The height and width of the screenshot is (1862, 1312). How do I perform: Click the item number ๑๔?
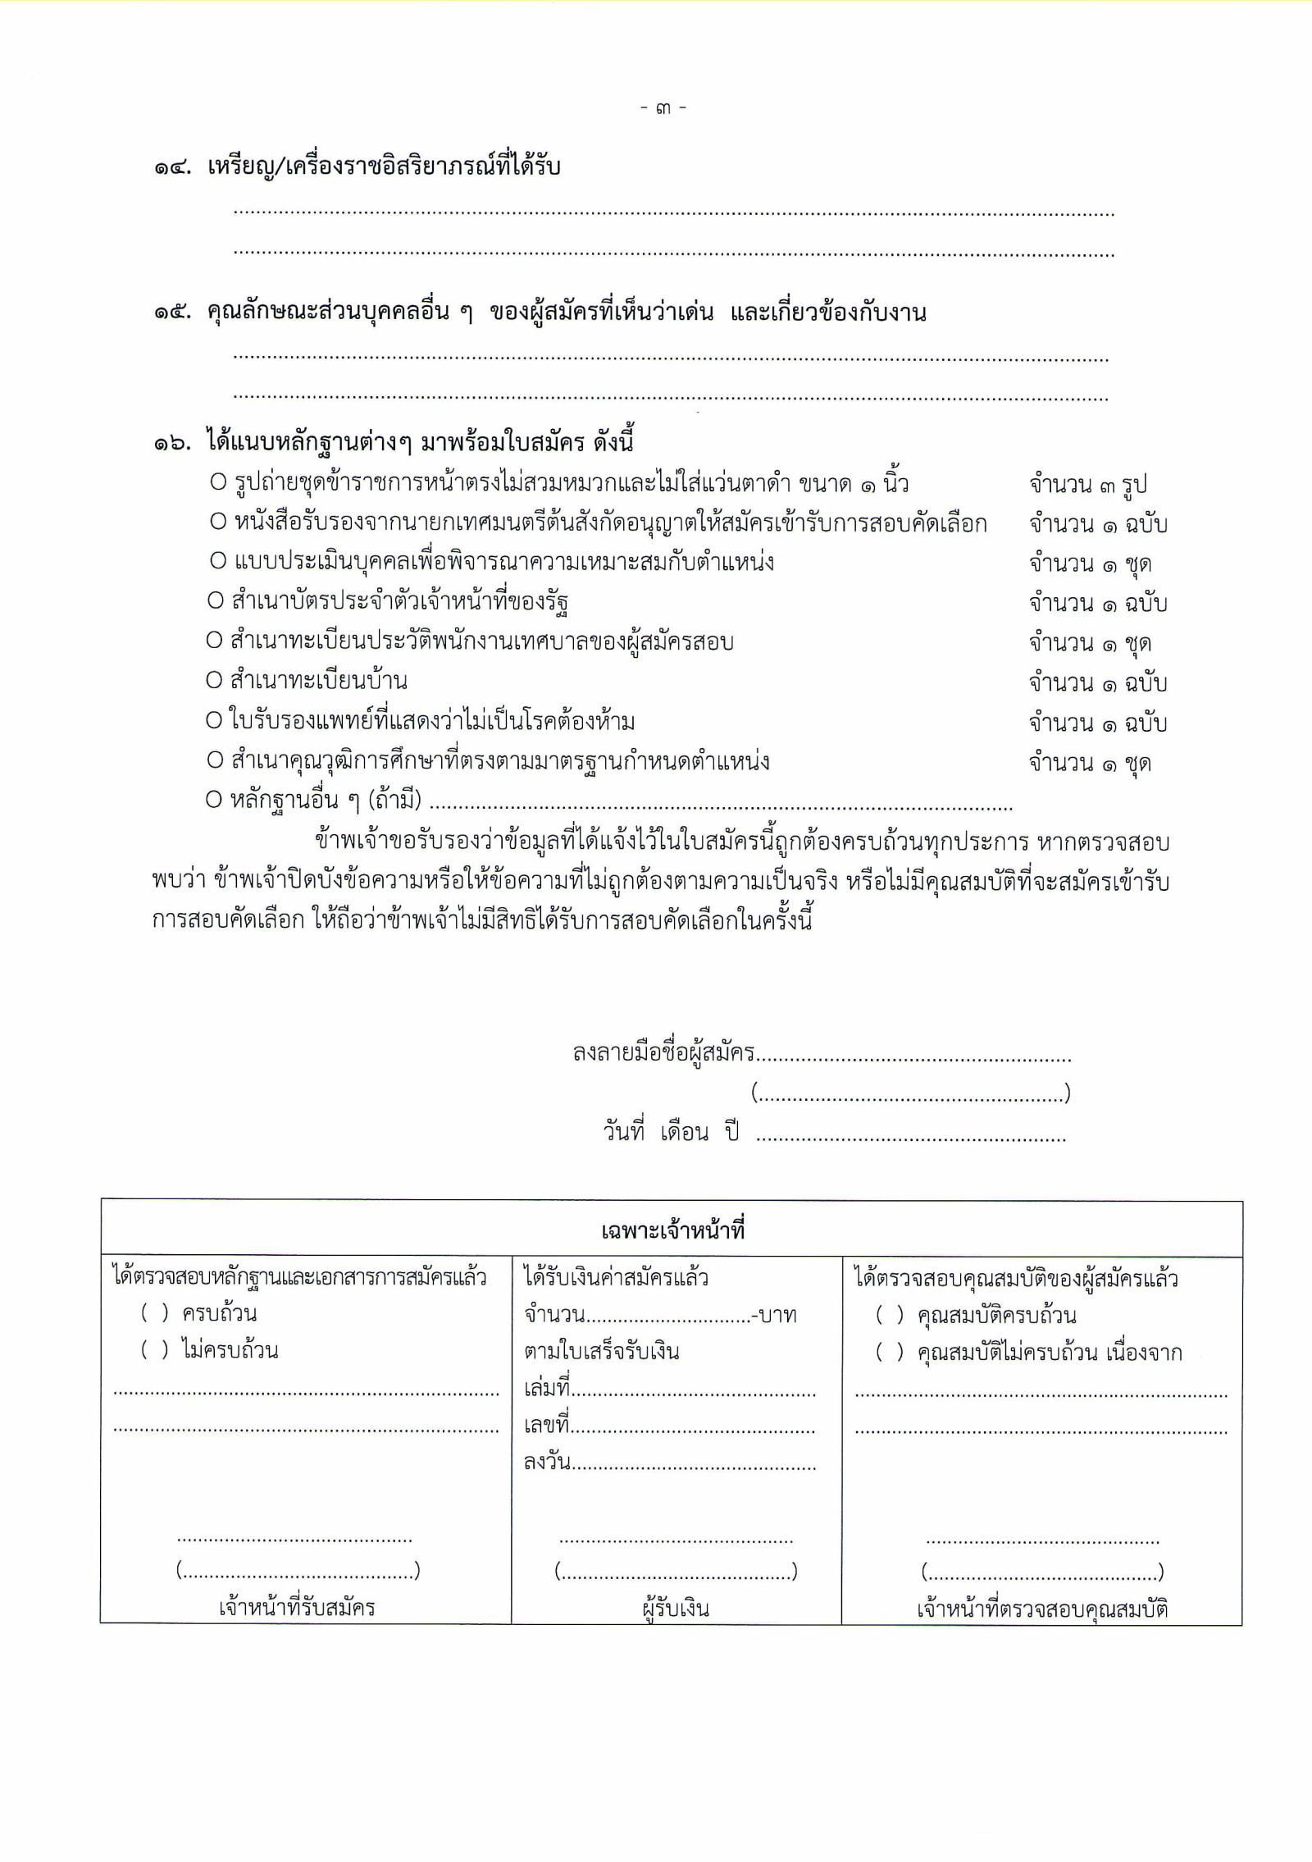[171, 169]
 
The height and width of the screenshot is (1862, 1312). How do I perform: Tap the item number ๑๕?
[171, 313]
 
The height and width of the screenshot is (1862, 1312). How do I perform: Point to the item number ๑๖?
[171, 445]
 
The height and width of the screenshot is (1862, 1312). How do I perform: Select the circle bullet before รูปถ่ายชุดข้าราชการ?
[217, 484]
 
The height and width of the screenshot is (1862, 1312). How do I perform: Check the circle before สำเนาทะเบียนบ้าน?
[215, 682]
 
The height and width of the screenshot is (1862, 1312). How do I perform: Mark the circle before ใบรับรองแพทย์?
[214, 722]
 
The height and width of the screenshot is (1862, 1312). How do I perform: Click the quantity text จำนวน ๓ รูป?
[1087, 486]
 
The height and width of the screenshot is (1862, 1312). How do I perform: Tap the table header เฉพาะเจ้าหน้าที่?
[672, 1231]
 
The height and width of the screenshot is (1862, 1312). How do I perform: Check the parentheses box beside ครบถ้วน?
[155, 1313]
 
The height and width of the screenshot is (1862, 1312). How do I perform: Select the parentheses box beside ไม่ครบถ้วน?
[155, 1349]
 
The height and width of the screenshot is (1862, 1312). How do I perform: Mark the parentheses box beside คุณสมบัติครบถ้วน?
[890, 1316]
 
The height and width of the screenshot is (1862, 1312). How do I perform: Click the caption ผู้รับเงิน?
[676, 1609]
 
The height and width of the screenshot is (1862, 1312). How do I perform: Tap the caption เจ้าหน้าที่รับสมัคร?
[297, 1607]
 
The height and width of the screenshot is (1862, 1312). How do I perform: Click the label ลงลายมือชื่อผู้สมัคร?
[663, 1053]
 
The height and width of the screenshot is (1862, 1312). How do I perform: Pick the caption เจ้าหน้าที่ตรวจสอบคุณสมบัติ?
[1041, 1609]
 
